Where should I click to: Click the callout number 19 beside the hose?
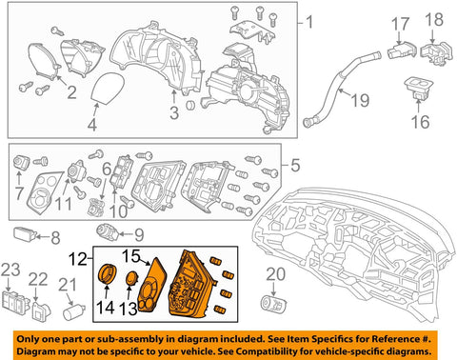(x=360, y=100)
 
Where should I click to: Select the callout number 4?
(x=92, y=125)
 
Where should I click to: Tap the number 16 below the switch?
(x=421, y=121)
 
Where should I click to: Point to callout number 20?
(x=275, y=274)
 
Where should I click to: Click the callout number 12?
(x=78, y=259)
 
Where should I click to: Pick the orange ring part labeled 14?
(x=108, y=272)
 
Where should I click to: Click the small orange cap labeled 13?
(x=131, y=278)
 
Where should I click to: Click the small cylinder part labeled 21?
(x=74, y=311)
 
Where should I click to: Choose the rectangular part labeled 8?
(x=25, y=233)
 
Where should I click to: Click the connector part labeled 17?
(x=401, y=50)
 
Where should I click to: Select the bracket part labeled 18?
(x=437, y=52)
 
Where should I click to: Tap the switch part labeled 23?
(x=14, y=302)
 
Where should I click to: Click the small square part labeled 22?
(x=41, y=310)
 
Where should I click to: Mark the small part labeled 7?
(x=21, y=162)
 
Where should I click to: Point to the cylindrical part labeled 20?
(x=272, y=303)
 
